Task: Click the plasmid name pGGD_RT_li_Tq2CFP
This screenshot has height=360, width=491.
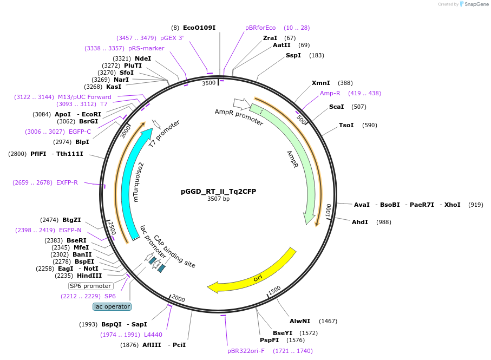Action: click(x=218, y=191)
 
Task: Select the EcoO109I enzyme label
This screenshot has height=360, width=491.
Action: click(x=199, y=28)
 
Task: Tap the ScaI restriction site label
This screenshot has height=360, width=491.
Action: click(x=336, y=107)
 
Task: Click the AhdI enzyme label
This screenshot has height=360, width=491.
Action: click(x=360, y=222)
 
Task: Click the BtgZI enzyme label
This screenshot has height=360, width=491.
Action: click(x=71, y=220)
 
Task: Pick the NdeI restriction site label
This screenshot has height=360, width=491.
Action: click(x=143, y=58)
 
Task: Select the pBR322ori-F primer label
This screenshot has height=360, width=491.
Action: click(x=246, y=351)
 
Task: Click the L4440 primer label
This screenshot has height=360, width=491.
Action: click(x=153, y=335)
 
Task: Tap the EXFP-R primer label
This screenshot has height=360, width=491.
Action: click(x=67, y=182)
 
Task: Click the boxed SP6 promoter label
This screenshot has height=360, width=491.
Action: click(x=90, y=286)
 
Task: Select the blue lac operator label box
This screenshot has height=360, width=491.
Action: click(x=112, y=306)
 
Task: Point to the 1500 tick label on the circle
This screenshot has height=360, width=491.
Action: click(x=274, y=290)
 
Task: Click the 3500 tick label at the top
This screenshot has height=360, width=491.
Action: click(x=209, y=83)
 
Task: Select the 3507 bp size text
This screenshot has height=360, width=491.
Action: click(x=218, y=199)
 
